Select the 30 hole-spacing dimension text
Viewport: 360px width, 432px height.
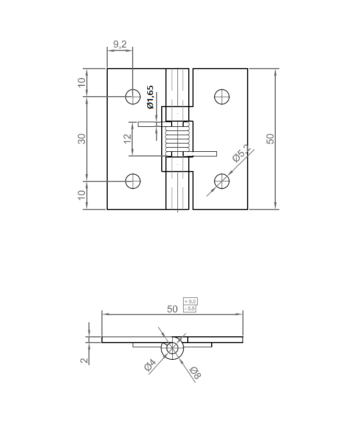point(82,139)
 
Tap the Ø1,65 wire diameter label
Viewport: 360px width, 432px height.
point(150,97)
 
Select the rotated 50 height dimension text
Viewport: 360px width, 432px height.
point(269,138)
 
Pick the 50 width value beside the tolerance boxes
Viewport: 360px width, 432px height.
point(172,309)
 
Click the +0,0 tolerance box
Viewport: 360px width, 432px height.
point(190,302)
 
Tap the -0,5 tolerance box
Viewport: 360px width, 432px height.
point(190,309)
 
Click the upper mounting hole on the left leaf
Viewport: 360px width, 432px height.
point(133,96)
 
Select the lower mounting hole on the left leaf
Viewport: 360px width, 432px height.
point(133,181)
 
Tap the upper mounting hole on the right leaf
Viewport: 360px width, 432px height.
point(222,96)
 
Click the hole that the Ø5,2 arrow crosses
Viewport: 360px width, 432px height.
point(222,181)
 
